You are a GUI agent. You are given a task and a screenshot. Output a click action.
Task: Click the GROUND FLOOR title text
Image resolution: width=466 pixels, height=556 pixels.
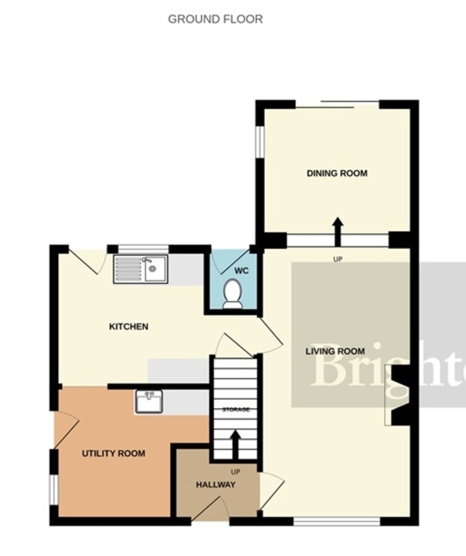click(x=215, y=19)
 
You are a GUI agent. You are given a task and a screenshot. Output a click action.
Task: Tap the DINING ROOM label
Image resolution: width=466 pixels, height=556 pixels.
click(x=337, y=173)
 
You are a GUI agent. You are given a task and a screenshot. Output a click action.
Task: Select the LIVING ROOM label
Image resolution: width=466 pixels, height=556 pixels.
click(x=335, y=351)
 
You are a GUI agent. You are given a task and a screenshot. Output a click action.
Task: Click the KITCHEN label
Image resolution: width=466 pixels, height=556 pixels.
click(x=128, y=327)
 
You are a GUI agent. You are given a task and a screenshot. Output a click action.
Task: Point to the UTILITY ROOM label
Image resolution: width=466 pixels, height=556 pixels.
click(x=114, y=453)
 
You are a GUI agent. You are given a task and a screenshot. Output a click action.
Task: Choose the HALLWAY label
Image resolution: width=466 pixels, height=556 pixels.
click(x=215, y=485)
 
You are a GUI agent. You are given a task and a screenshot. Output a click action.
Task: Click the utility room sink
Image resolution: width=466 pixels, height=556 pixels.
click(x=148, y=401)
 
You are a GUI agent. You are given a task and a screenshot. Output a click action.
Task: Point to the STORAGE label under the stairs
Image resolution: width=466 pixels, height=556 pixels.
click(x=236, y=410)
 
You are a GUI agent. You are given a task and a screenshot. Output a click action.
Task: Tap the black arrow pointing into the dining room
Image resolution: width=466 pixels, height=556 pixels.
click(x=338, y=230)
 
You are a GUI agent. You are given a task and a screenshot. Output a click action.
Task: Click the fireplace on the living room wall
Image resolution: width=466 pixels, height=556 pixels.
click(x=396, y=395)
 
